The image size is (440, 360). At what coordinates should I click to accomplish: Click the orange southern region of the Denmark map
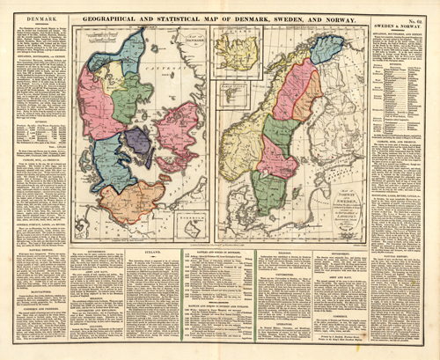(x=130, y=202)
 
